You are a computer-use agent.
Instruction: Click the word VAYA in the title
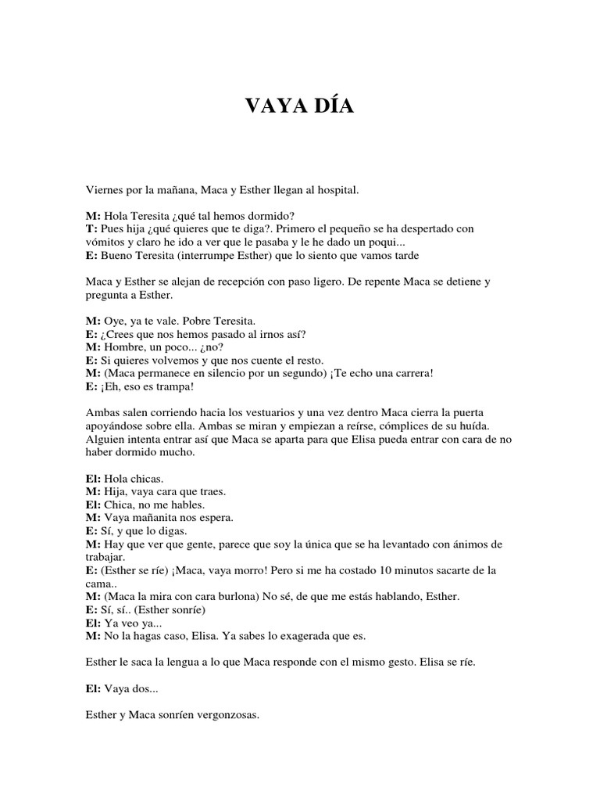click(x=274, y=106)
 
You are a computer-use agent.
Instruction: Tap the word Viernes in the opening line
click(x=103, y=189)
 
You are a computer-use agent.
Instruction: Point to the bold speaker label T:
click(x=91, y=228)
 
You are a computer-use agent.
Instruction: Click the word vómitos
click(x=105, y=242)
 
